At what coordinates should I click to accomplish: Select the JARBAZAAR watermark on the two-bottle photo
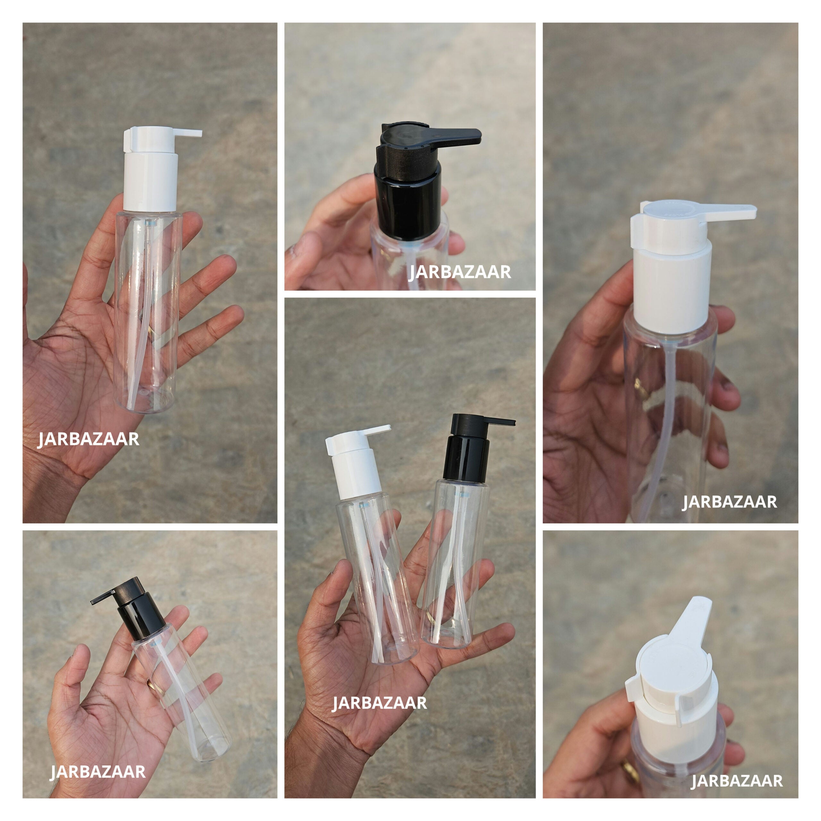point(379,703)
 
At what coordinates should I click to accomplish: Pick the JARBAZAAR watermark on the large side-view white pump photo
point(729,502)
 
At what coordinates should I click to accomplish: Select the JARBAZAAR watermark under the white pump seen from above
point(736,781)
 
